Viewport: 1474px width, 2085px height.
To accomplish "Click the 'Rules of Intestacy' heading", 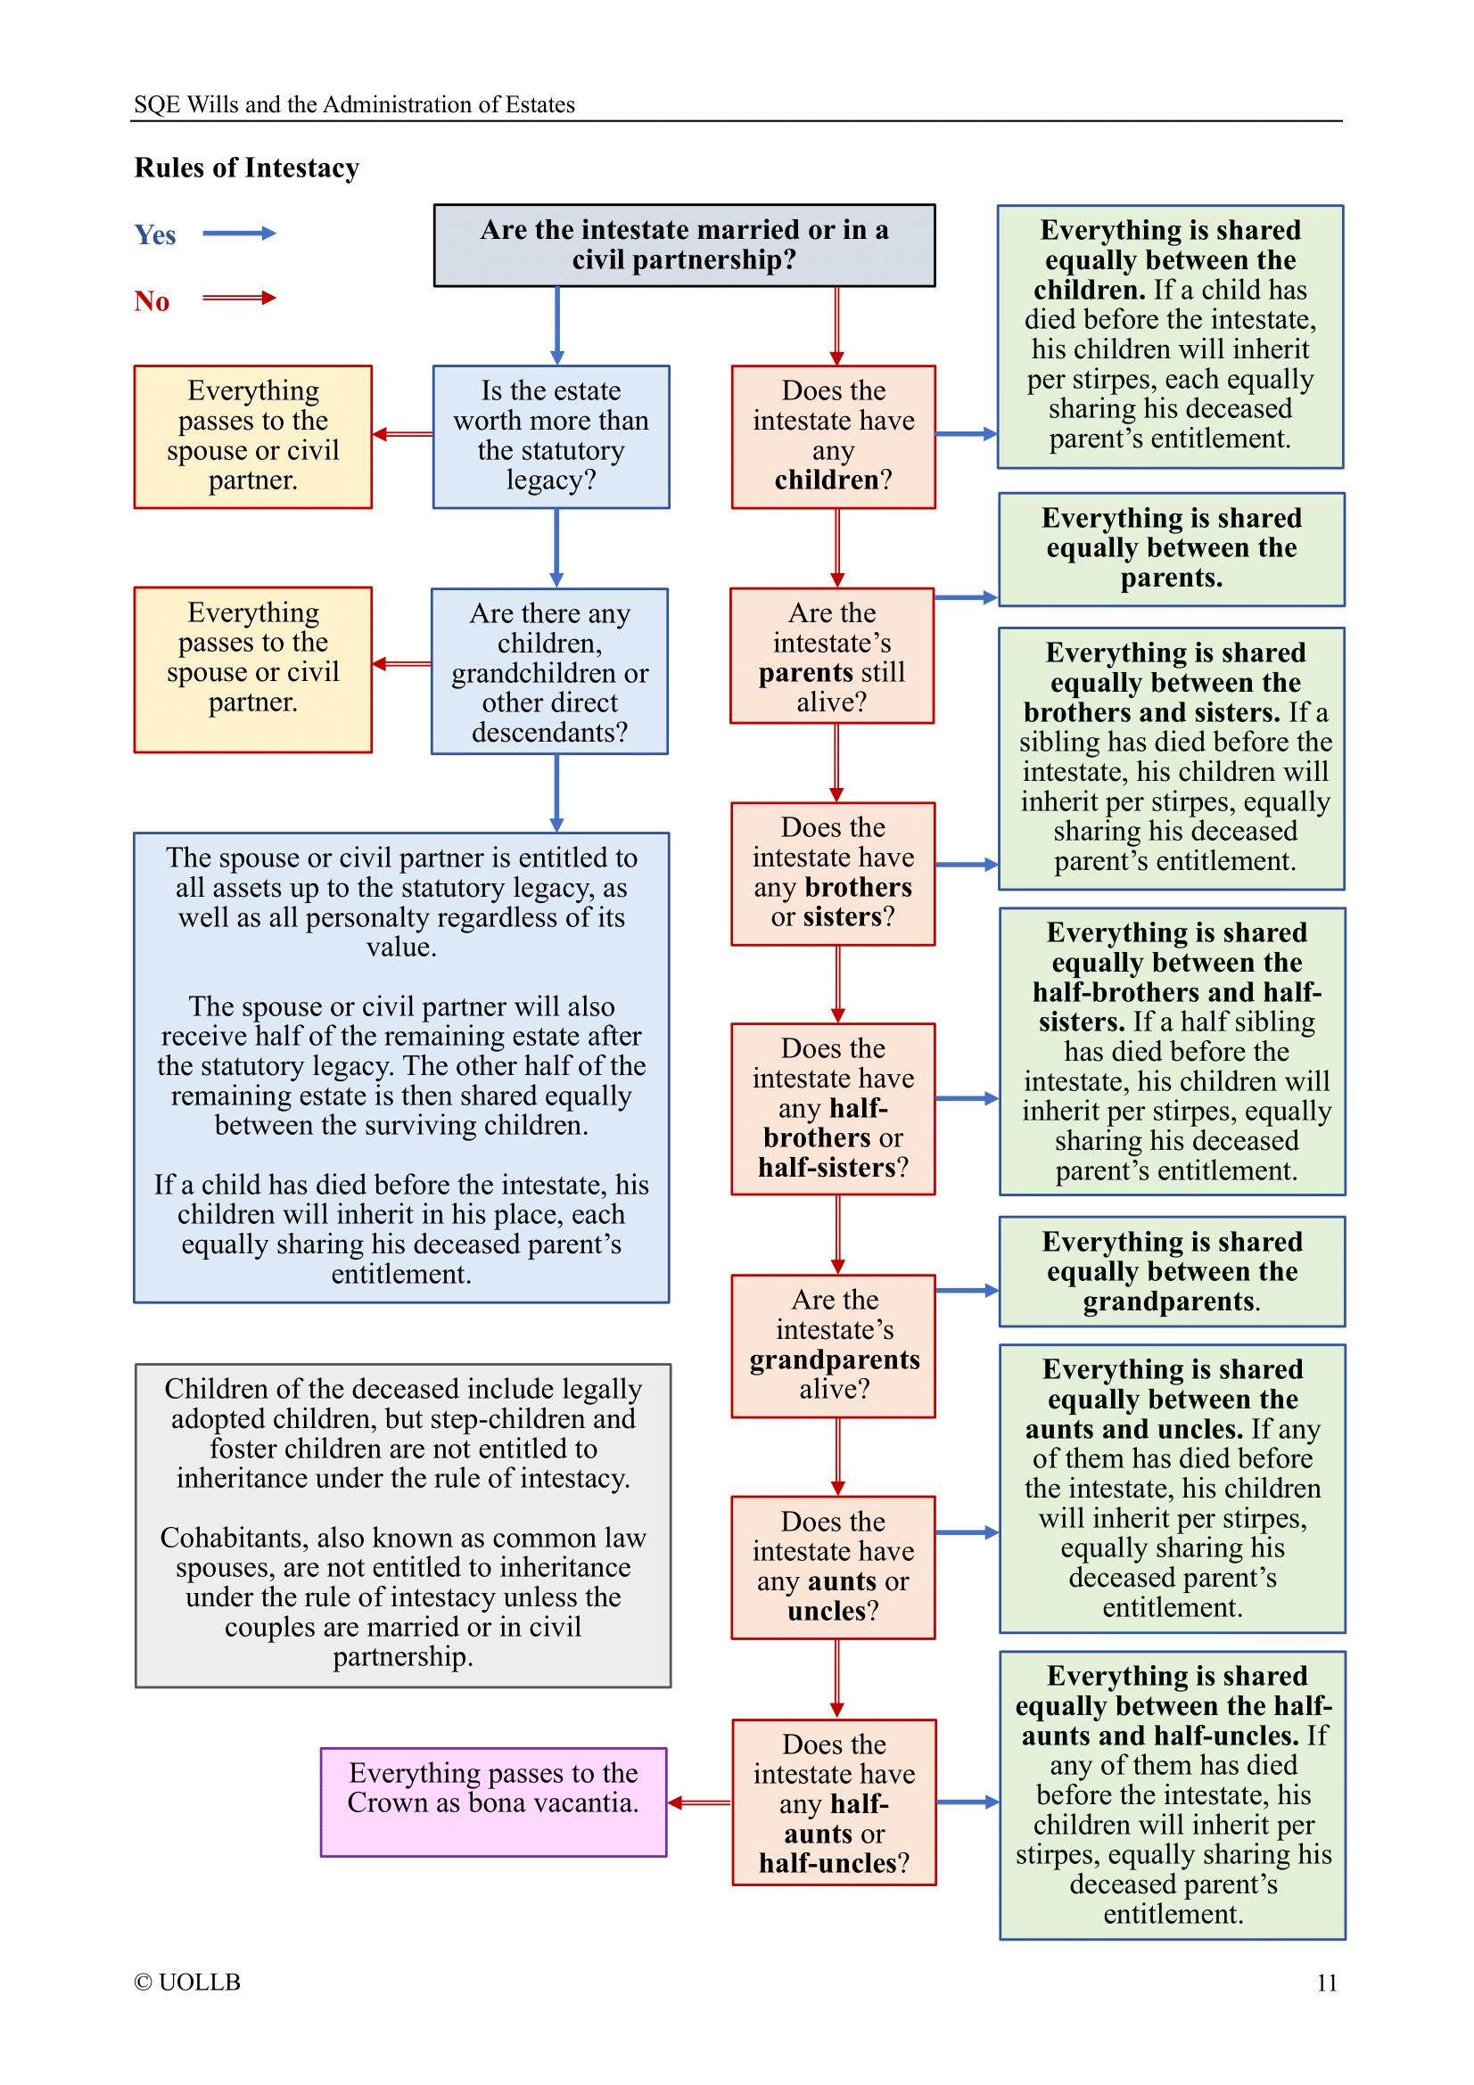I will (246, 168).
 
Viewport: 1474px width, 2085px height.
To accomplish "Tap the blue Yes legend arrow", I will (239, 234).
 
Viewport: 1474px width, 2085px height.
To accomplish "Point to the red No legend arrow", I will (239, 298).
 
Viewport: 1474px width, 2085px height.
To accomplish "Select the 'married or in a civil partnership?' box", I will (684, 245).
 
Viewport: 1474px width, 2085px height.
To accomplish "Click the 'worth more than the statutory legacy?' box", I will (550, 436).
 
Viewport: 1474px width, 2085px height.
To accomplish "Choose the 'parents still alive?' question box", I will (832, 656).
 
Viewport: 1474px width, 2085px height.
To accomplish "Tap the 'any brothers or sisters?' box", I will (832, 873).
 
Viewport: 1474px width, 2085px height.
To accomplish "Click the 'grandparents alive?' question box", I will (833, 1345).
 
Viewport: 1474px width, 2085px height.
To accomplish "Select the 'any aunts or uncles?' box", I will (832, 1566).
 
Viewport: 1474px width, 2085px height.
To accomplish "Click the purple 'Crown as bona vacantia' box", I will (493, 1802).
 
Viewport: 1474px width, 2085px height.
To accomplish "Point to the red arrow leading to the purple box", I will (699, 1802).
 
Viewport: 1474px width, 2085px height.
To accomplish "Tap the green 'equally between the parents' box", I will (1171, 548).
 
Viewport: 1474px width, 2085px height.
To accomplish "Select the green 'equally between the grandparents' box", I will (1172, 1270).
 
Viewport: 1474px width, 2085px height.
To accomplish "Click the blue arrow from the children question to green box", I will (966, 434).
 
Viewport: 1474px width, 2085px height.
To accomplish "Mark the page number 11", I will (1326, 1982).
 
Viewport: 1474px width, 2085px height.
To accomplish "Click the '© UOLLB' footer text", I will (187, 1982).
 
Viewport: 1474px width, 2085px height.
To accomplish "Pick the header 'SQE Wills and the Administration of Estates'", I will (354, 104).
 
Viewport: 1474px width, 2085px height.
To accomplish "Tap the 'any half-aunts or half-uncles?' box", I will (834, 1802).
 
